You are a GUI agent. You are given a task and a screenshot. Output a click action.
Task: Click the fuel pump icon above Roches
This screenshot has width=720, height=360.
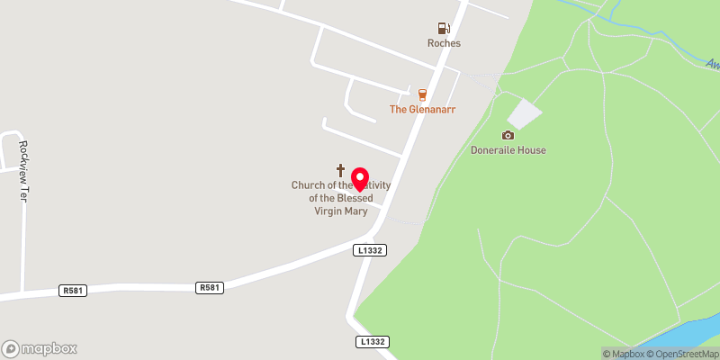coord(443,29)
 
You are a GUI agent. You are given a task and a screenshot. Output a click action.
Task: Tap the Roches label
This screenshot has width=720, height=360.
coord(444,43)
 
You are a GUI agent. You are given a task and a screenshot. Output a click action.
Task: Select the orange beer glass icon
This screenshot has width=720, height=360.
coord(420,94)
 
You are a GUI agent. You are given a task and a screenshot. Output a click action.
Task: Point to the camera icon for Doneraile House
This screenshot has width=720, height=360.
coord(508,135)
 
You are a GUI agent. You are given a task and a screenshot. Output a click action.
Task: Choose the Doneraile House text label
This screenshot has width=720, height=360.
coord(508,150)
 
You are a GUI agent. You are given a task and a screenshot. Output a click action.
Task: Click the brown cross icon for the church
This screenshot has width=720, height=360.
coord(341,169)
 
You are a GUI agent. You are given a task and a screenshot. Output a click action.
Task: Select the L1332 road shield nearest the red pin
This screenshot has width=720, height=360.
coord(371,250)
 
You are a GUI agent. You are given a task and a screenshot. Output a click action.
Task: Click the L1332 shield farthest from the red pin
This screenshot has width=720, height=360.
coord(372,342)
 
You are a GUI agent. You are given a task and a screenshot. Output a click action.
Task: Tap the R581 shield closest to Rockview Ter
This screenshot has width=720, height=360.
coord(72,291)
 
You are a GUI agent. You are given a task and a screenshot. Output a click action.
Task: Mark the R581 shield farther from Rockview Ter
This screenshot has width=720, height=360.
coord(209,287)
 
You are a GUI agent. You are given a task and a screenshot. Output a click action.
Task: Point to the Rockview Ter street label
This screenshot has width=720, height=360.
coord(24,171)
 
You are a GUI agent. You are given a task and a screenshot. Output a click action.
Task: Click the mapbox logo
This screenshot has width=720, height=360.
coord(40,348)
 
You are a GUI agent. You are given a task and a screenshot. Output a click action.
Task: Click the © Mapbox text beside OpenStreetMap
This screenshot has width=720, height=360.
coord(625,354)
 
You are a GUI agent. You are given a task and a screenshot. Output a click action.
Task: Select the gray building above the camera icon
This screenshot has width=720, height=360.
coord(525,113)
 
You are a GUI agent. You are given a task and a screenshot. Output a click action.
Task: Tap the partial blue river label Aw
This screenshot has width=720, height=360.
coord(712,65)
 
